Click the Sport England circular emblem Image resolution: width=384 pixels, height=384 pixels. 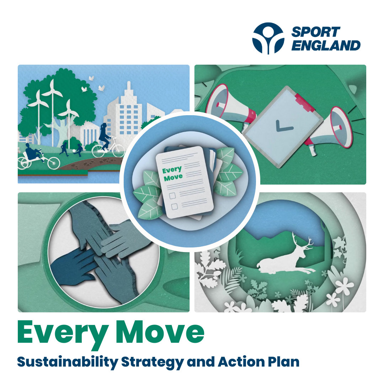coord(268,38)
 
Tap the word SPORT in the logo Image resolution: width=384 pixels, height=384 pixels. coord(316,32)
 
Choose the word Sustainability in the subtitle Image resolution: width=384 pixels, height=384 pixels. coord(67,362)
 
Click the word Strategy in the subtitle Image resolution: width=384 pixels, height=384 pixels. coord(154,362)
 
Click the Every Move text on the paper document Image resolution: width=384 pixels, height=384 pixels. coord(172,173)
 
